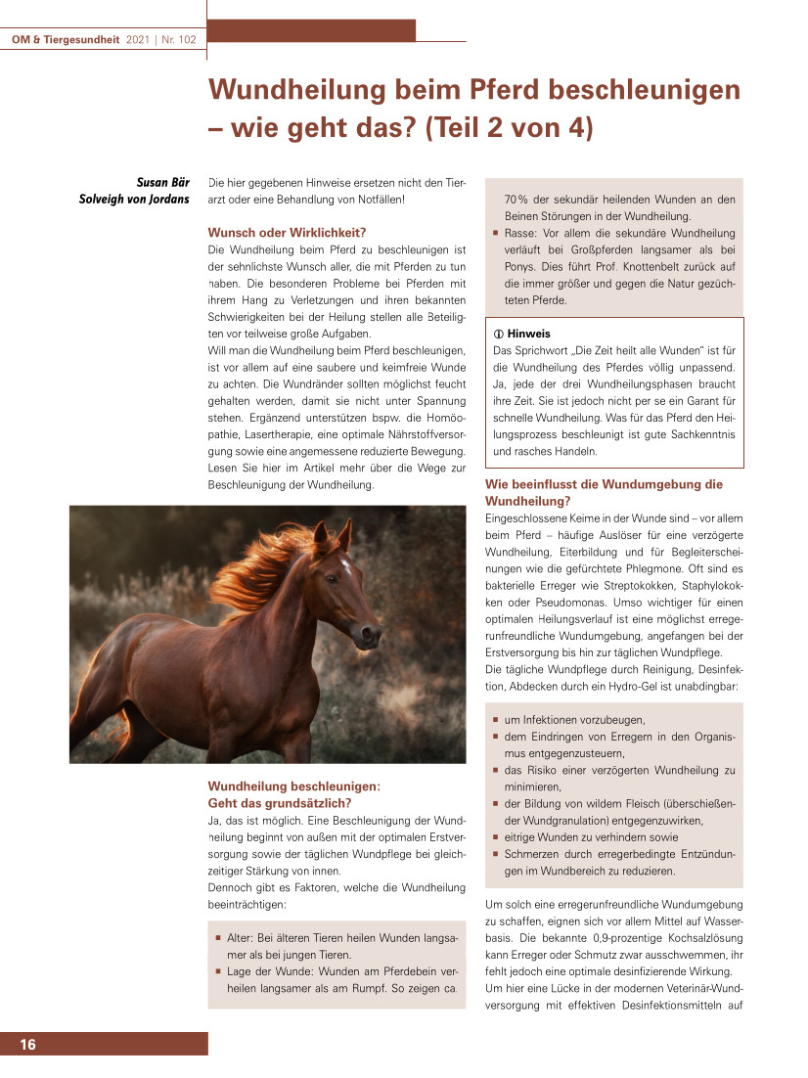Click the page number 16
pos(27,1046)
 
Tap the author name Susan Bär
pos(162,182)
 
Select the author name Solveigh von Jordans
pos(134,200)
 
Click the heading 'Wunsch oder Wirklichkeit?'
pos(287,233)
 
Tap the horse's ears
pos(333,535)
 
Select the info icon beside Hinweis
pos(499,334)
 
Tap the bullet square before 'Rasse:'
pos(496,234)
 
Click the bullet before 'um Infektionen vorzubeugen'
pos(496,720)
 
